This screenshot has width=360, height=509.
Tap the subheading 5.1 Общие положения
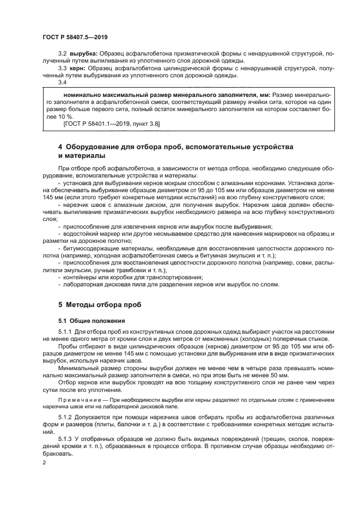[x=84, y=321]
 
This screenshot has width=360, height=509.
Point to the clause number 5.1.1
[x=65, y=332]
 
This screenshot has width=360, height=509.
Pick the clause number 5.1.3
[x=65, y=438]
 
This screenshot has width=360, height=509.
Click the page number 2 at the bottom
[x=45, y=462]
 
